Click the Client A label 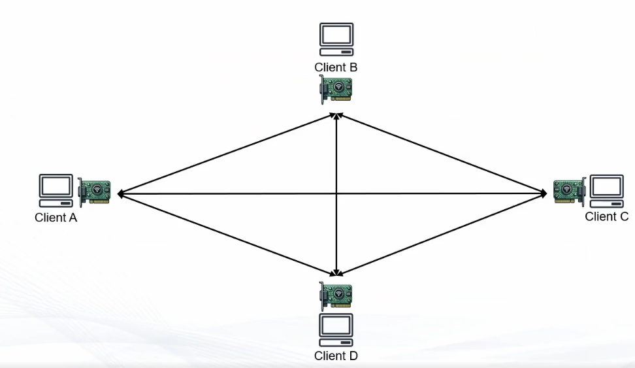tap(56, 218)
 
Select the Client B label tap(336, 67)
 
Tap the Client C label tap(606, 216)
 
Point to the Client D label tap(336, 356)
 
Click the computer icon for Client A tap(56, 188)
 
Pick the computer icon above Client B tap(336, 39)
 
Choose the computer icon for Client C tap(607, 188)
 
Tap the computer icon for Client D tap(336, 329)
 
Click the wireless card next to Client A tap(94, 192)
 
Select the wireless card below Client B tap(336, 88)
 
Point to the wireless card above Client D tap(336, 295)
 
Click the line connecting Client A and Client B tap(225, 154)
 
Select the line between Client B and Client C tap(441, 154)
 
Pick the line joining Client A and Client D tap(225, 233)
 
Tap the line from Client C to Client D tap(441, 233)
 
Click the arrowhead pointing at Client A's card tap(122, 194)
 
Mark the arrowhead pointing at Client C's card tap(542, 193)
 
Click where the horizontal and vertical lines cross tap(336, 193)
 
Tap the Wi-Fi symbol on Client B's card tap(338, 87)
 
